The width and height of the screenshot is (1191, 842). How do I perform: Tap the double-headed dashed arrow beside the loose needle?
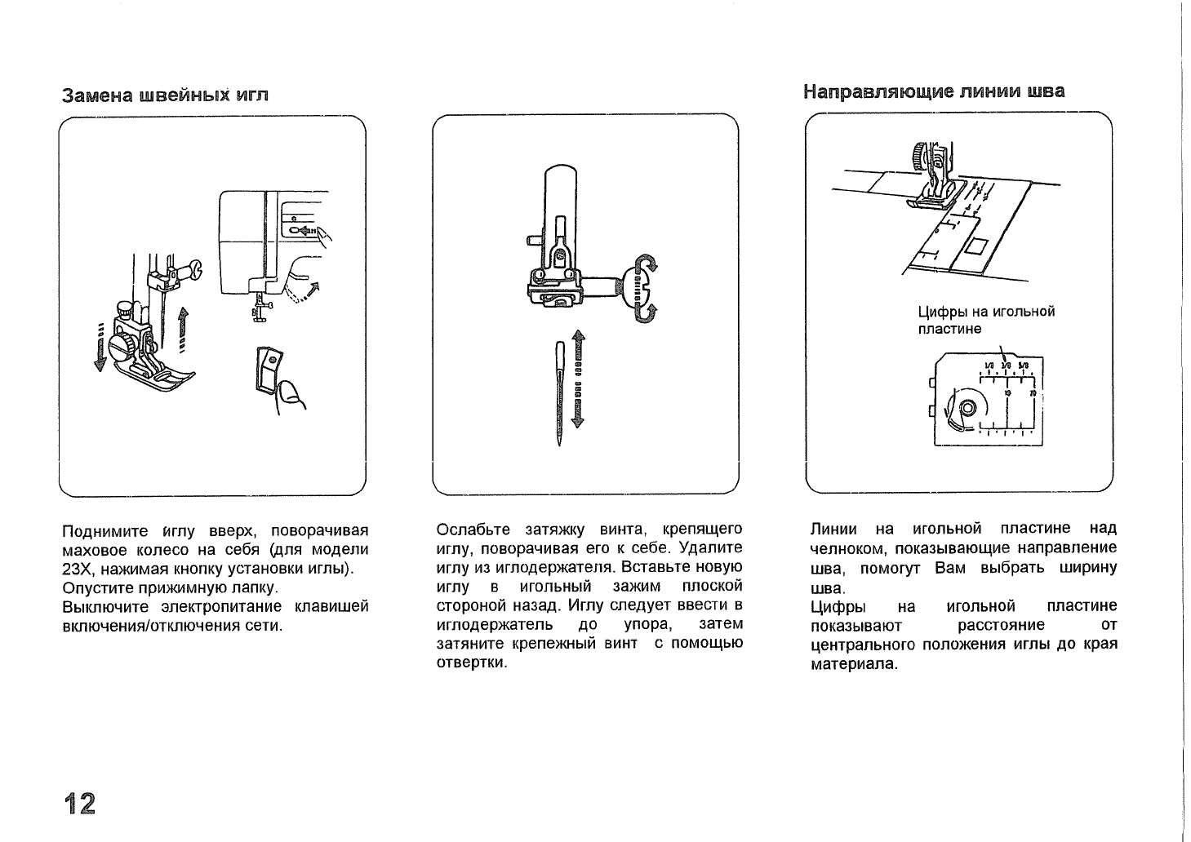[578, 379]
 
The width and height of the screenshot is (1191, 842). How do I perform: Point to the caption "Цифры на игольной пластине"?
[986, 320]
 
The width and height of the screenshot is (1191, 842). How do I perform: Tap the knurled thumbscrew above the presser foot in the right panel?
[920, 154]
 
